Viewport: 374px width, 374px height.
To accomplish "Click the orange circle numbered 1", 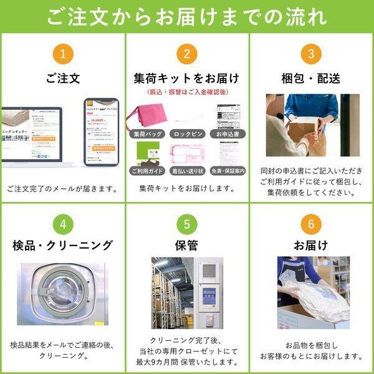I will click(x=62, y=54).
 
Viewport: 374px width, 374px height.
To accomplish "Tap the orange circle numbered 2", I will click(x=187, y=54).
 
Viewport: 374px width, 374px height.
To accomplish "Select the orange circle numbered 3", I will click(x=311, y=54).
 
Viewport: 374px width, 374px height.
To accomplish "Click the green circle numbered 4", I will click(x=62, y=223).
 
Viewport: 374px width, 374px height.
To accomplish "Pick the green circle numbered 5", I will click(x=187, y=223).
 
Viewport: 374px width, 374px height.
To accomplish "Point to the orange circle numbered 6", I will click(x=311, y=223).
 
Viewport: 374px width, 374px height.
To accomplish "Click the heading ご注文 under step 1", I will click(x=62, y=79).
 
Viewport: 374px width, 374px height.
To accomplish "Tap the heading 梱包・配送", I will click(x=311, y=79).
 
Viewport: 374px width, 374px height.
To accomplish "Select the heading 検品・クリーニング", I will click(x=62, y=244).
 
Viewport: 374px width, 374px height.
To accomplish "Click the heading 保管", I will click(x=187, y=244).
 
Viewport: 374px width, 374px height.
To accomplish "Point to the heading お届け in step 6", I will click(x=311, y=244).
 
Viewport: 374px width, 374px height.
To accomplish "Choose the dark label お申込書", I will click(x=228, y=133).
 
